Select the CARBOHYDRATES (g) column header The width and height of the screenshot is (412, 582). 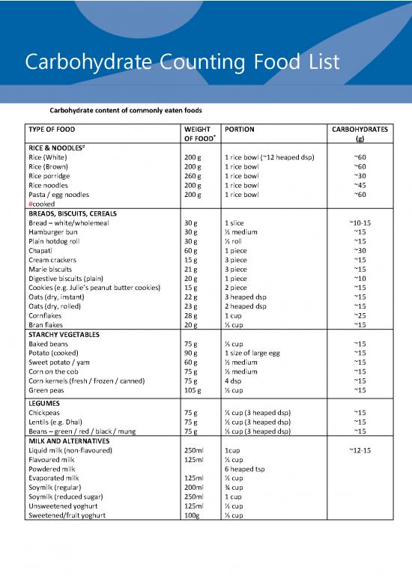point(360,133)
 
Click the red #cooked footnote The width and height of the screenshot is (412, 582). point(41,204)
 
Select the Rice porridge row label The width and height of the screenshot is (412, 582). point(52,175)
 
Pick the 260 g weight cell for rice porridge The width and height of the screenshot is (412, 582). point(193,175)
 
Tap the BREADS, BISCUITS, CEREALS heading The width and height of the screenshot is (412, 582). point(77,213)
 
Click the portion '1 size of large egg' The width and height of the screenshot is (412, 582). point(255,353)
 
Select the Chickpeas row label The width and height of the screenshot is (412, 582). point(46,413)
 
